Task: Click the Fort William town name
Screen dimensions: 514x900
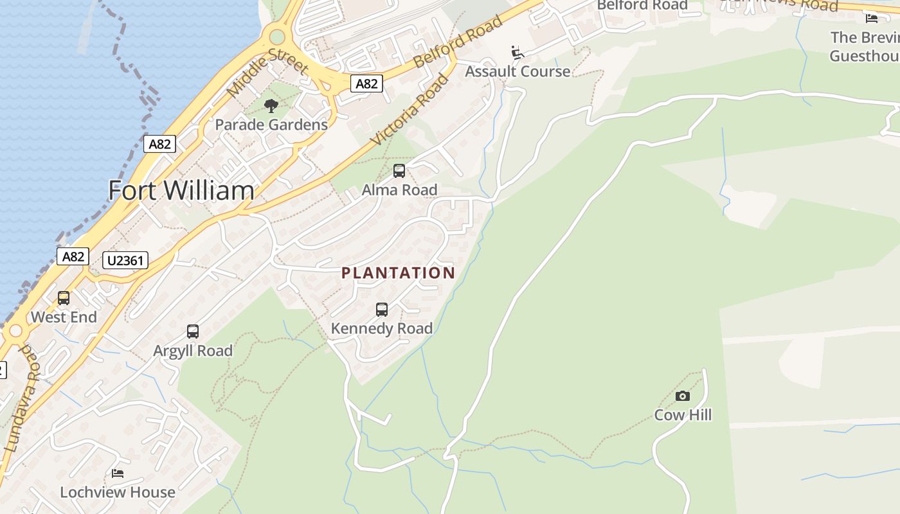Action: [x=181, y=191]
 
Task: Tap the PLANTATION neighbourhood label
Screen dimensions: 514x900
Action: [x=398, y=273]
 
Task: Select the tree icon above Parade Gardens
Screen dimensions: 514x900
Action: [x=271, y=106]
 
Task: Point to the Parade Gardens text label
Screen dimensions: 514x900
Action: [x=271, y=125]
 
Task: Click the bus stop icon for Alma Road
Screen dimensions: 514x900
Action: [x=399, y=171]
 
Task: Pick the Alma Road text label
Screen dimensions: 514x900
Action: [x=399, y=190]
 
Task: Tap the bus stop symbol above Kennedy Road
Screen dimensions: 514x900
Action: [x=382, y=310]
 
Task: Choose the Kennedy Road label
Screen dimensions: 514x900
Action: [x=382, y=328]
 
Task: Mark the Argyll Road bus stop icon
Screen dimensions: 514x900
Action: [x=193, y=332]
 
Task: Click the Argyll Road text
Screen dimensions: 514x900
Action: [x=193, y=351]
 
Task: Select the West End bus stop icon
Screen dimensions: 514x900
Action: [x=64, y=298]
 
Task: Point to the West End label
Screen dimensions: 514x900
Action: [x=64, y=317]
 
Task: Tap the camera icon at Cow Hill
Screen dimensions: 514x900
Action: [x=683, y=396]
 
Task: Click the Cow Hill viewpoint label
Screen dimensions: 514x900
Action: [x=683, y=415]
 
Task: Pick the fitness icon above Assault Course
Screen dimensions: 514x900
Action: [x=517, y=52]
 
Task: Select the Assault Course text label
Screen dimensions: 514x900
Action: [x=517, y=71]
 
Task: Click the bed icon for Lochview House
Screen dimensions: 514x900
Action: [x=118, y=474]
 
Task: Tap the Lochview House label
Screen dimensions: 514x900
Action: [x=118, y=492]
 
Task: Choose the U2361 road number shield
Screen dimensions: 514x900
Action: [x=125, y=260]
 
